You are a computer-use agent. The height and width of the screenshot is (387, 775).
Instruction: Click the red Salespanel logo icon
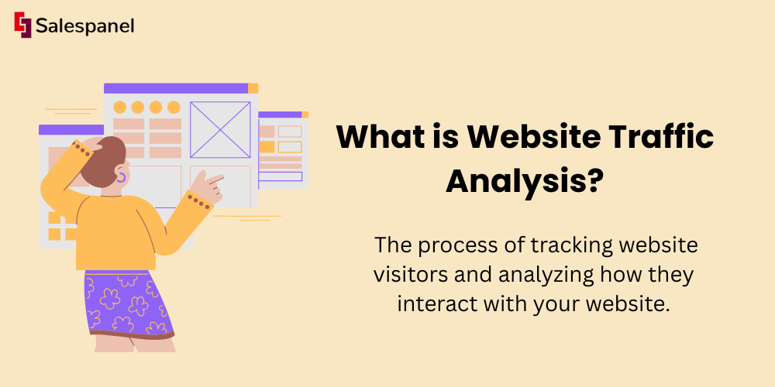[22, 25]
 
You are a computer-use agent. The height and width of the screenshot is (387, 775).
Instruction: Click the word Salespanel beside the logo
[84, 26]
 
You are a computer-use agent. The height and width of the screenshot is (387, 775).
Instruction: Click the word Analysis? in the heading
[525, 182]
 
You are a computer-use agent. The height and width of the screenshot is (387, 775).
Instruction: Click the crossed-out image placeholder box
[220, 130]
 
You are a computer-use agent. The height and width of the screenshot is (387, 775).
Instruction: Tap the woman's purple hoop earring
[121, 176]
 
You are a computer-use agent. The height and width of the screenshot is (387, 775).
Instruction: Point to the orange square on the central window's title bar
[253, 88]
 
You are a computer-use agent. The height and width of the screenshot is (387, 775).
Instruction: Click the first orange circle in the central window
[119, 107]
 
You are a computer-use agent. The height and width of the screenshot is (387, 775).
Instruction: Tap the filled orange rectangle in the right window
[267, 146]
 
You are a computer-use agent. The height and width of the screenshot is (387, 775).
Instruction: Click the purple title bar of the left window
[71, 130]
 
